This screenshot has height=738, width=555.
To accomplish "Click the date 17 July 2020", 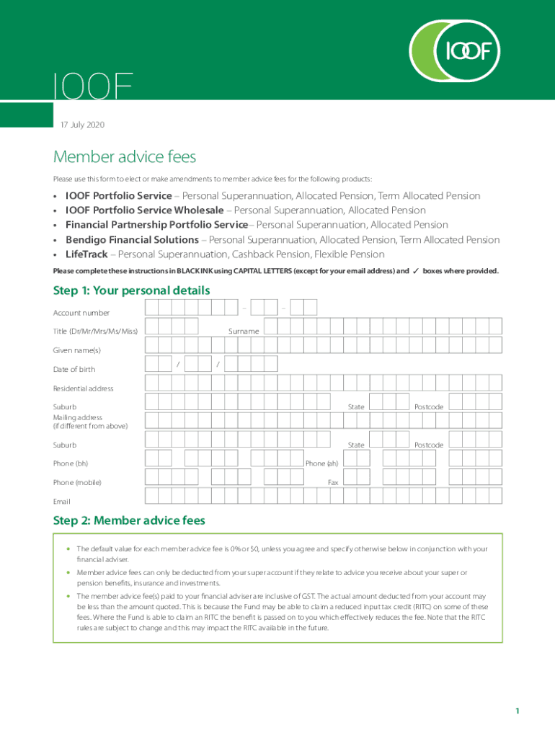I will pos(81,125).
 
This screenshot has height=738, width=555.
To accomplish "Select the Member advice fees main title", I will pos(125,157).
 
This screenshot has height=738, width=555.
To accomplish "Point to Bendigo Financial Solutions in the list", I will pos(132,240).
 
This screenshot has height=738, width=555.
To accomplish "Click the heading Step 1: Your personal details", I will pos(131,290).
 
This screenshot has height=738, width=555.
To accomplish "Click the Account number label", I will pos(81,313).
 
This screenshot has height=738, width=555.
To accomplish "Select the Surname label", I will pos(244,332).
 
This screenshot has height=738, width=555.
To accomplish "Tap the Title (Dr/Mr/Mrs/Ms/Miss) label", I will pos(95,332).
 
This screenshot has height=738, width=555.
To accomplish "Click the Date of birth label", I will pos(74,370).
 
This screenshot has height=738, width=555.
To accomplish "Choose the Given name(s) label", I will pos(77,350).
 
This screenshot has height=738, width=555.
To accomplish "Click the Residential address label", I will pos(83,388).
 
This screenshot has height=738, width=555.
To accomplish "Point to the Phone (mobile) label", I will pos(77,482).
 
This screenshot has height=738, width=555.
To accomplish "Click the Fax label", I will pos(333,482).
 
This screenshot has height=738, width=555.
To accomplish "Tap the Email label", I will pos(62,501).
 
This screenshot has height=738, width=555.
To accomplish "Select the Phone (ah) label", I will pos(321,463).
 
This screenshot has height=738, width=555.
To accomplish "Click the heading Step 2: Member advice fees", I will pos(129,520).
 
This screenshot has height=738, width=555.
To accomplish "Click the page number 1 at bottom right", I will pos(517,711).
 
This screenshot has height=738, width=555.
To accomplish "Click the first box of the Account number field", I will pos(152,308).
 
